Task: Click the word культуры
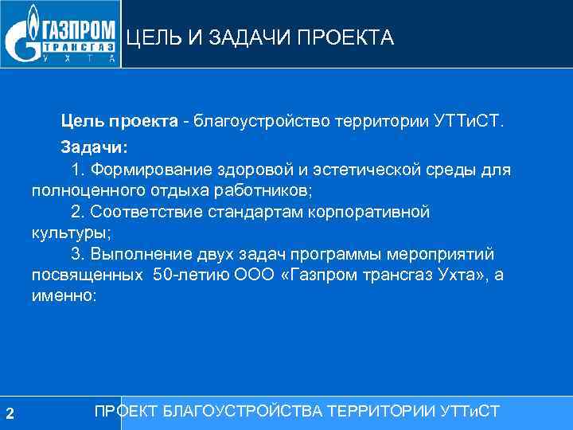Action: click(x=68, y=233)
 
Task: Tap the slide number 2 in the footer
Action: click(x=10, y=412)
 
